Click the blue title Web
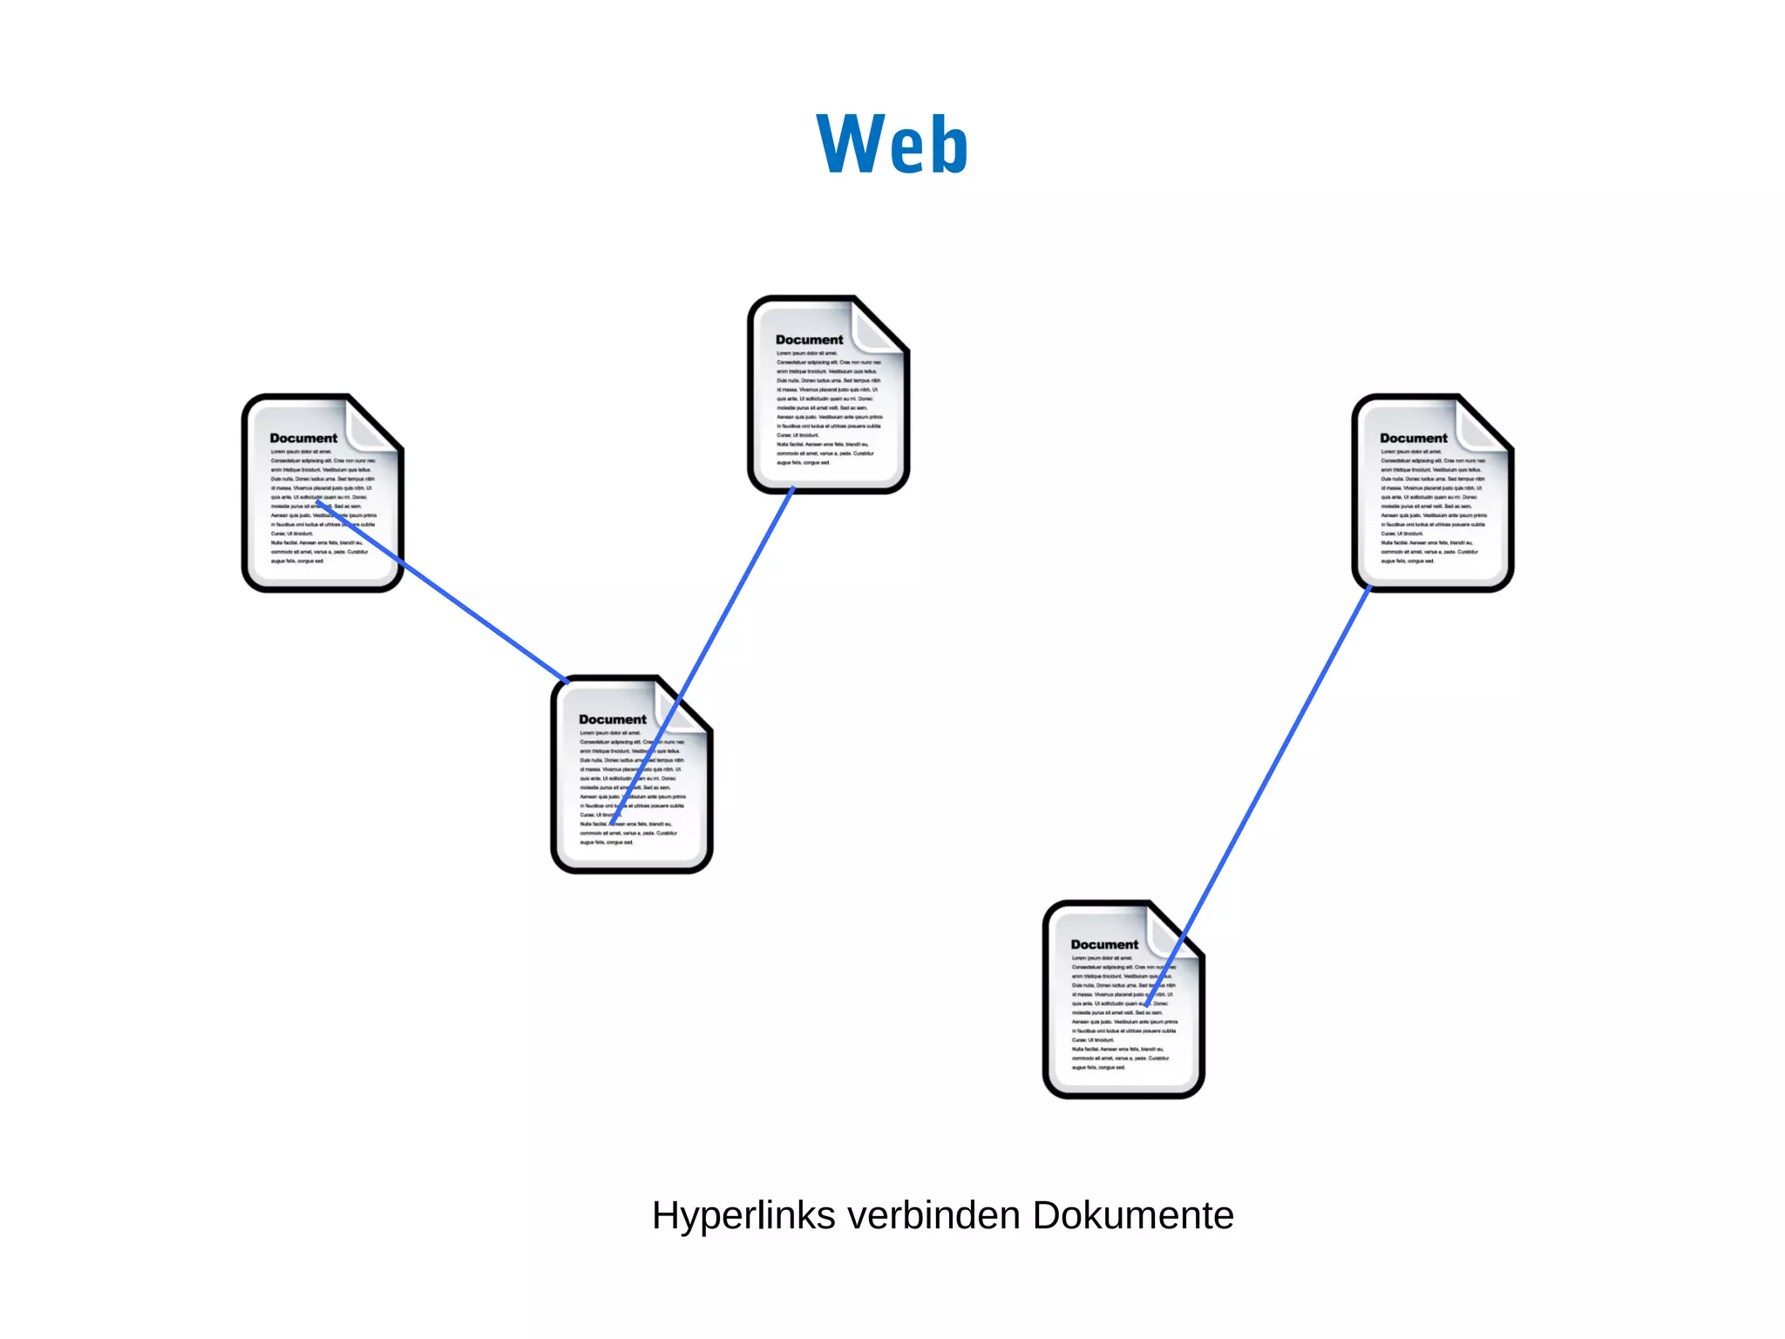point(892,145)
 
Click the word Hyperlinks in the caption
point(743,1216)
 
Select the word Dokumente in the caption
point(1133,1215)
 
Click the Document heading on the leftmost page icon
point(303,438)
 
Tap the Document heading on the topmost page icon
point(809,340)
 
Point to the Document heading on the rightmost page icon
point(1413,438)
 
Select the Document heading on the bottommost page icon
point(1104,945)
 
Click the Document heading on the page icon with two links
point(612,720)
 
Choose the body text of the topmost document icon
point(828,418)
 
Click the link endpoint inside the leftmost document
point(319,502)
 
